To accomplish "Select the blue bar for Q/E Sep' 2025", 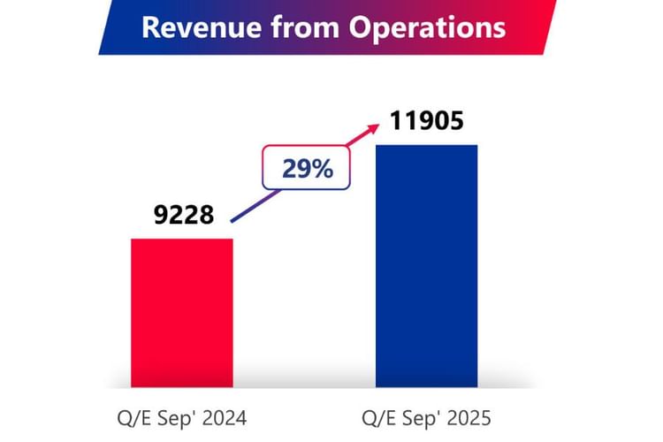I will [x=427, y=265].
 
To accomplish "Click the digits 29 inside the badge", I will [x=296, y=169].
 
